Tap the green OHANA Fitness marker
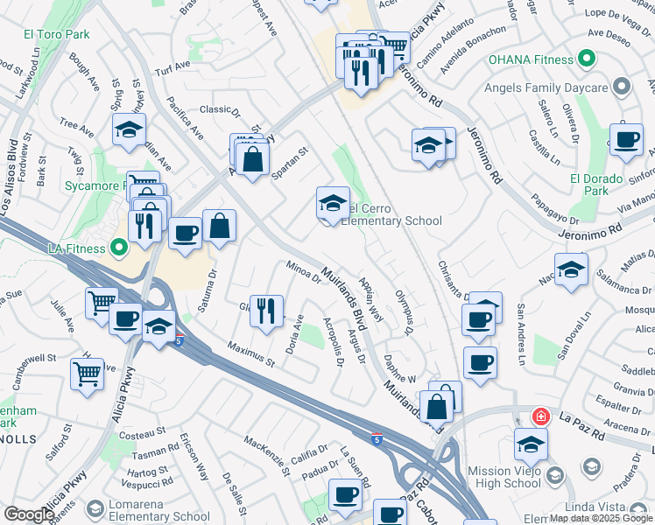[x=587, y=59]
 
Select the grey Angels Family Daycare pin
[x=622, y=87]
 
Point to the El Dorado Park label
[x=595, y=185]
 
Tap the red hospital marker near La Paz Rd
[x=540, y=416]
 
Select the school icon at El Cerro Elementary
[x=333, y=205]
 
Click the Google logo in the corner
[x=28, y=514]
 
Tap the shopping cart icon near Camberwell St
[x=88, y=374]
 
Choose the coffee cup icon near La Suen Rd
[x=345, y=495]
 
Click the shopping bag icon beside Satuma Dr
[x=219, y=226]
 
